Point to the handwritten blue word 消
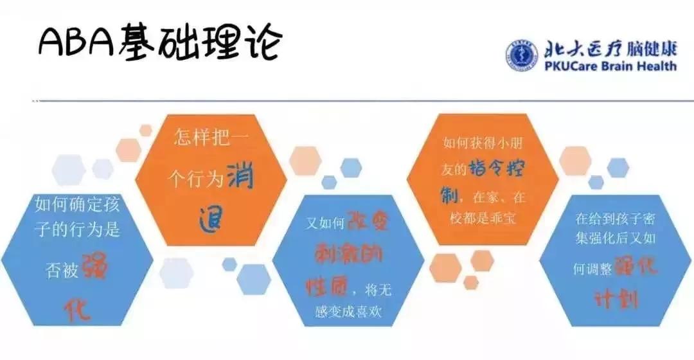(x=241, y=176)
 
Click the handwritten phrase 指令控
(x=496, y=168)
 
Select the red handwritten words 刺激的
(x=348, y=254)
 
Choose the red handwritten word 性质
(x=326, y=288)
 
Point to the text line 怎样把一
(x=211, y=137)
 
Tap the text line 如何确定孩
(x=78, y=204)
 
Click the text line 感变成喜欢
(x=348, y=312)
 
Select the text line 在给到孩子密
(x=615, y=219)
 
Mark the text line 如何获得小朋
(x=483, y=143)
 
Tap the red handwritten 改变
(x=368, y=220)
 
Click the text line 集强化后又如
(x=615, y=239)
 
